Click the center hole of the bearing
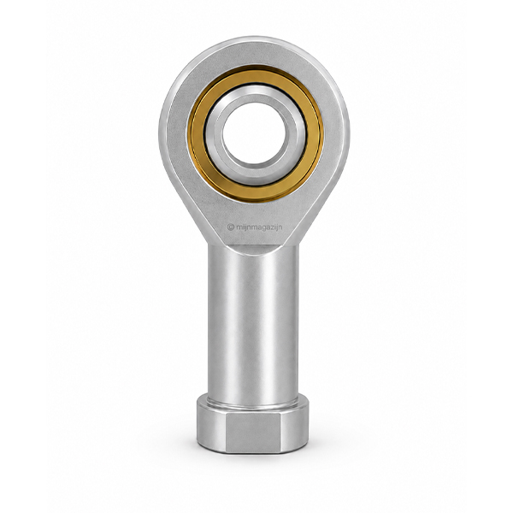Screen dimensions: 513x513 click(254, 133)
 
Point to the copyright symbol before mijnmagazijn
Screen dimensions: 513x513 click(231, 227)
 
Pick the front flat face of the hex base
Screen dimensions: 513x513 click(253, 432)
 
